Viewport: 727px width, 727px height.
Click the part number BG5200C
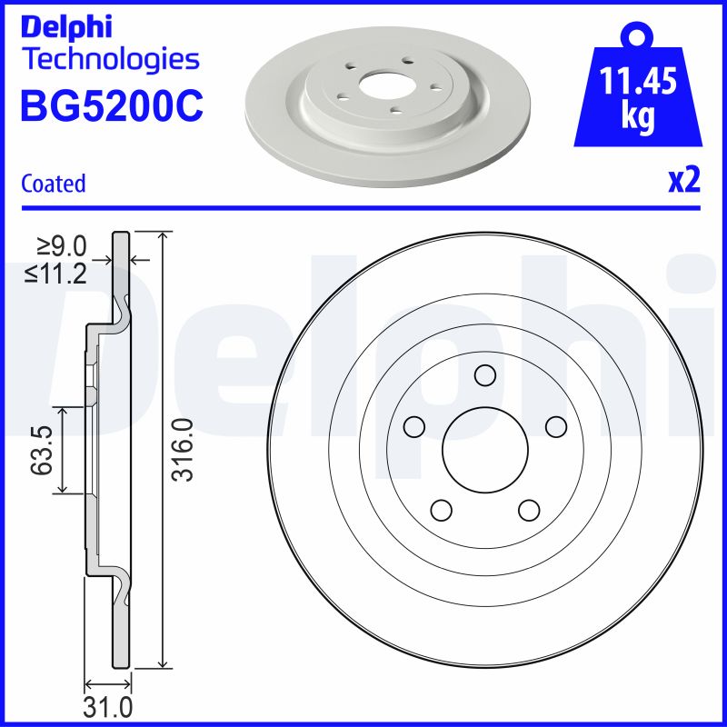click(111, 106)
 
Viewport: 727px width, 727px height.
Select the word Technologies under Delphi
click(109, 60)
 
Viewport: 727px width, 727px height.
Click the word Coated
click(54, 184)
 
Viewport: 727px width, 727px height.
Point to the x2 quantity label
click(683, 182)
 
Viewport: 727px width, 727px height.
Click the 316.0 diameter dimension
click(184, 450)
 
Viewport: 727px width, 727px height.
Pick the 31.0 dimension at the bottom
click(108, 707)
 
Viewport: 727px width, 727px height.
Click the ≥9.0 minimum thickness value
click(61, 246)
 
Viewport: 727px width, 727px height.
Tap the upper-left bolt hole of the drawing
click(414, 426)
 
